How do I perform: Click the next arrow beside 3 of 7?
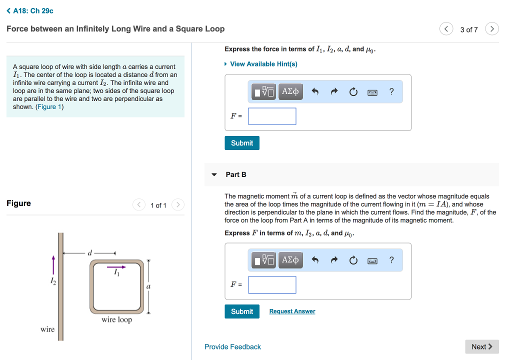[x=492, y=29]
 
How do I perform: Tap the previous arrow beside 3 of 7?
[x=446, y=29]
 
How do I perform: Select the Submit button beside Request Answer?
[x=242, y=311]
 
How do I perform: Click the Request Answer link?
[x=292, y=311]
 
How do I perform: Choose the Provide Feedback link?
[x=232, y=346]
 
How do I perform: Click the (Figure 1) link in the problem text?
[x=49, y=107]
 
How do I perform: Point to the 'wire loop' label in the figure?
[x=116, y=319]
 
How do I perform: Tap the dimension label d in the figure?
[x=90, y=253]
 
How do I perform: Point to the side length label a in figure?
[x=148, y=287]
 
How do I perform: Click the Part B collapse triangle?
[x=214, y=175]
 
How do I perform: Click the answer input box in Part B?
[x=272, y=285]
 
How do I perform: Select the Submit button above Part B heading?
[x=242, y=143]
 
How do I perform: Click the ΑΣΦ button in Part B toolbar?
[x=290, y=260]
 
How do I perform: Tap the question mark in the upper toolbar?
[x=391, y=91]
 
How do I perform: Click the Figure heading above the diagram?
[x=18, y=203]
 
